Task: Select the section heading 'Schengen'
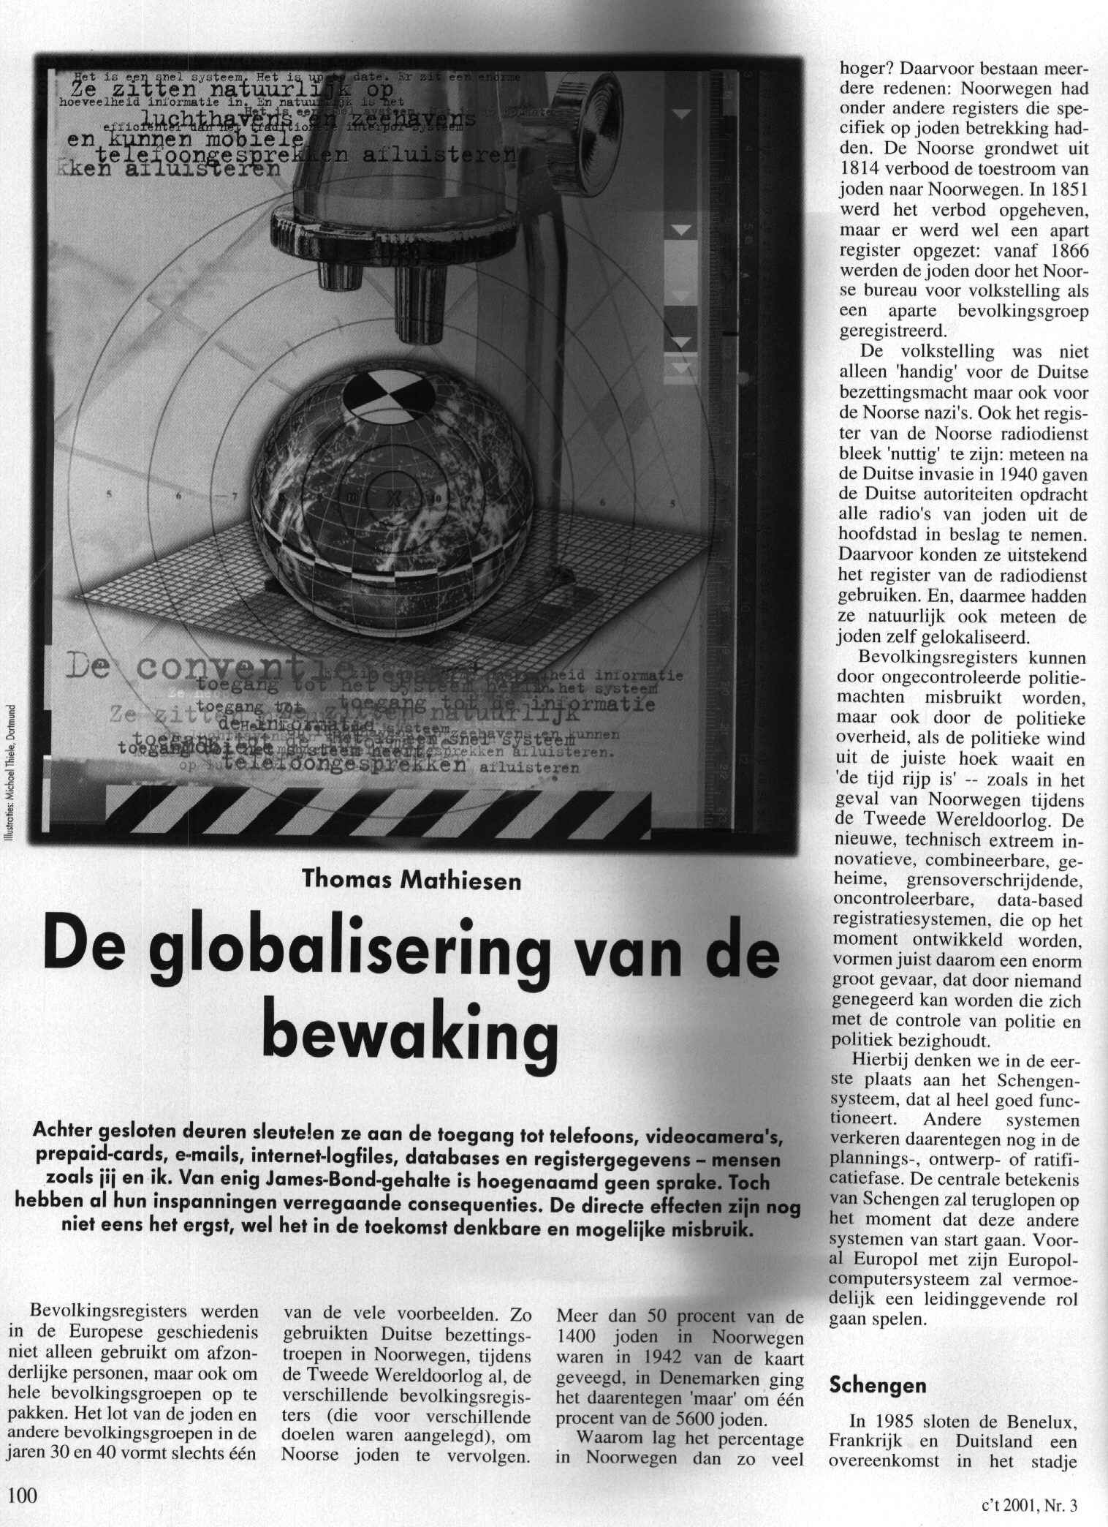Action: coord(876,1385)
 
